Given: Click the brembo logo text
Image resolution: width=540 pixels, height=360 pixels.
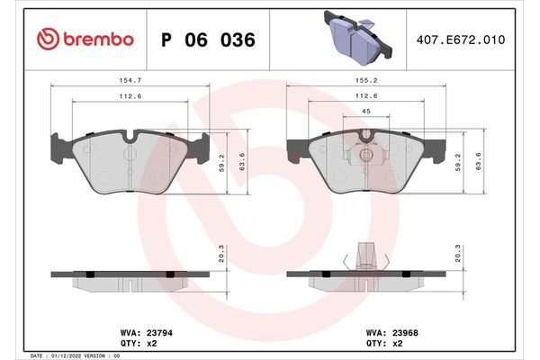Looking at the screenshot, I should point(99,40).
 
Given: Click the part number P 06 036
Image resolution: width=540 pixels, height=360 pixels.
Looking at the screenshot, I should point(208,40).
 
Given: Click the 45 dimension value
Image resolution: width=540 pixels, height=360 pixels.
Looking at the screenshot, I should point(364,111).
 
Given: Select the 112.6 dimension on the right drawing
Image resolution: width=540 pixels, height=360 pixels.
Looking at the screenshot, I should point(364,96).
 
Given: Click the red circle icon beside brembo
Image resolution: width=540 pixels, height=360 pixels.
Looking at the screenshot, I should point(49,40).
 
